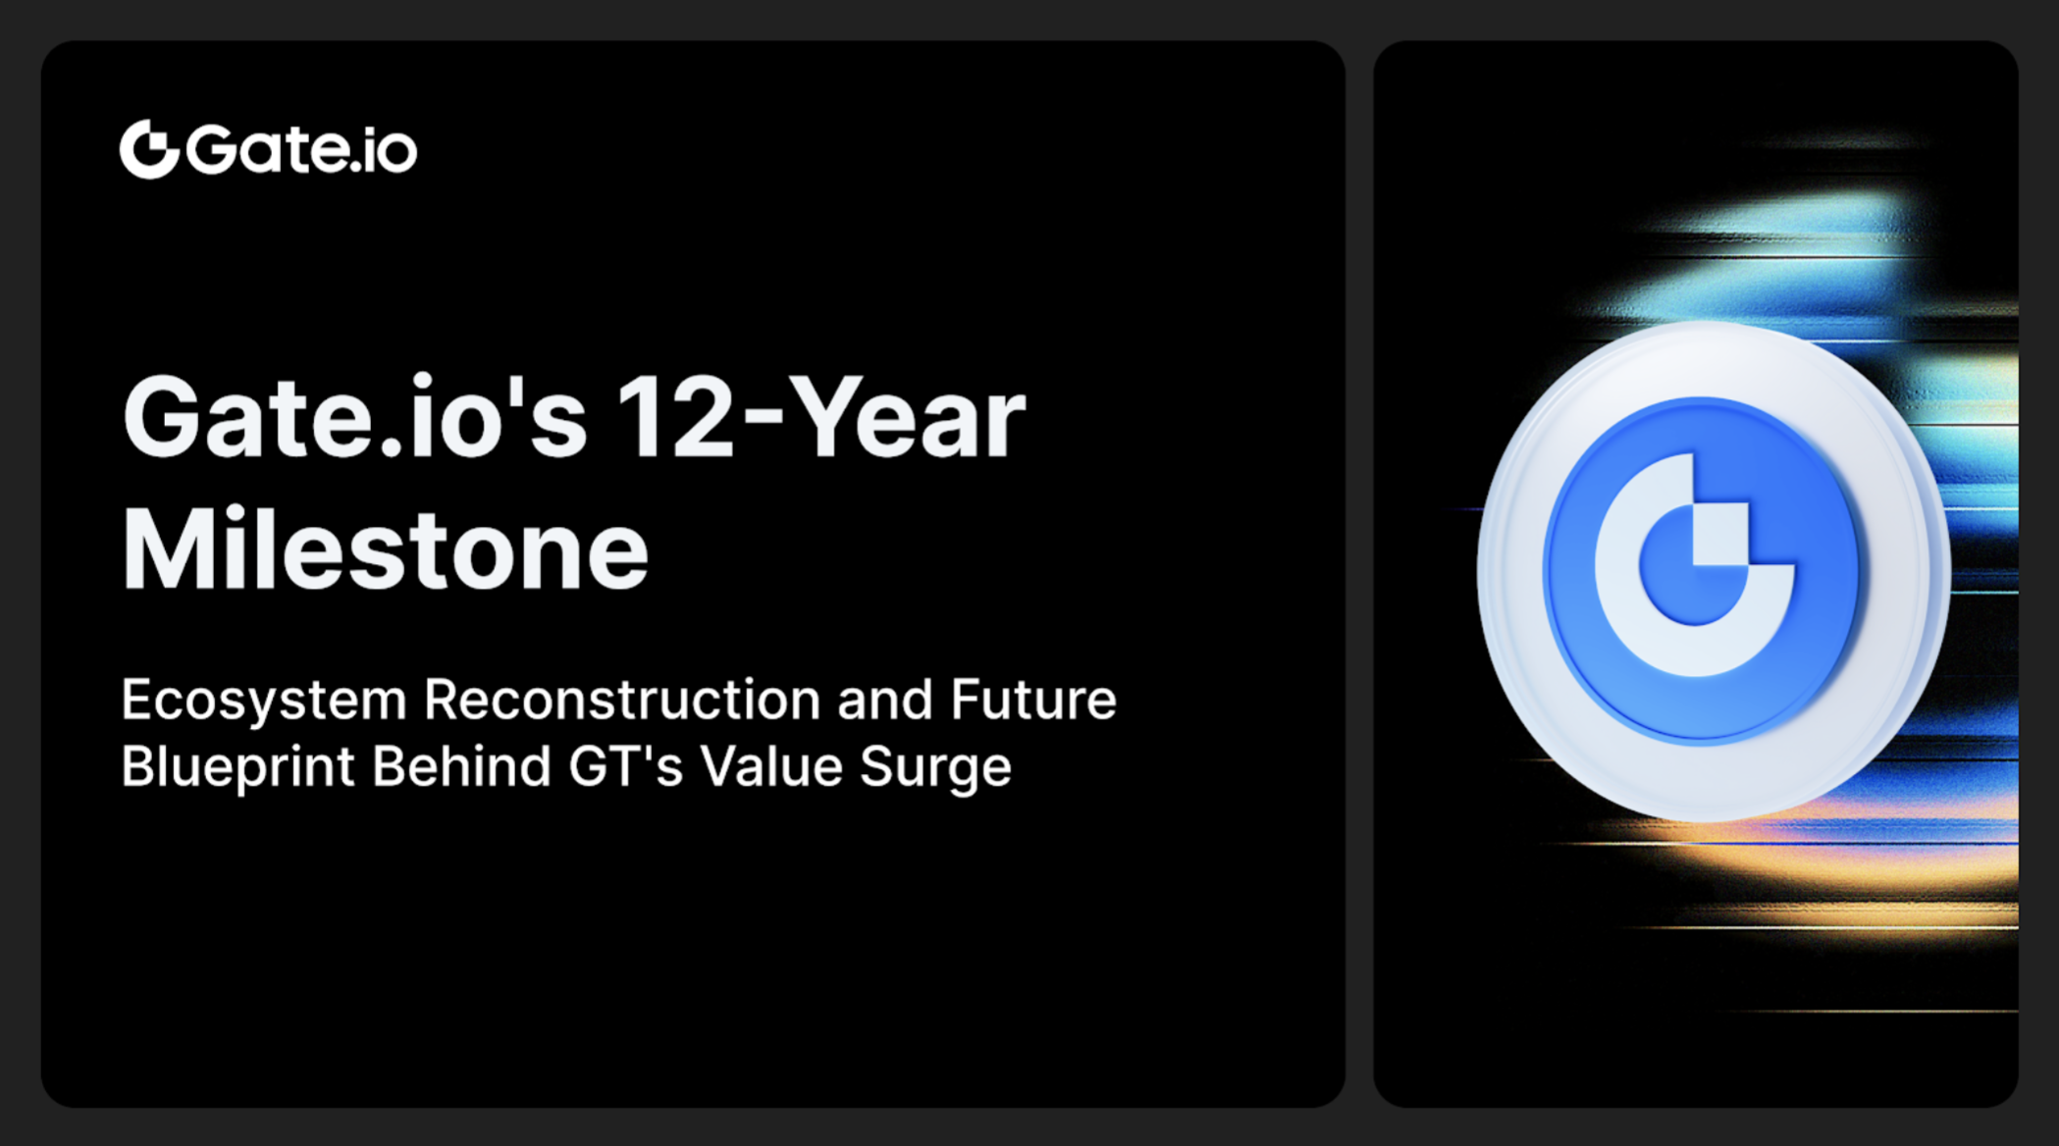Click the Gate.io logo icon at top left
click(149, 149)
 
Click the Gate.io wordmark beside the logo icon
click(301, 149)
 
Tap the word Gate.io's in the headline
click(354, 419)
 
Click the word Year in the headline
click(907, 419)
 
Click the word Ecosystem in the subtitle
click(263, 701)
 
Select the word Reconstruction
click(622, 701)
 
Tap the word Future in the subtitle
click(1032, 701)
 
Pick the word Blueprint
click(237, 766)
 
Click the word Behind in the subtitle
click(461, 766)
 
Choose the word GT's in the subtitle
click(625, 766)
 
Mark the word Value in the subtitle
click(771, 766)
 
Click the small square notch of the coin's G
click(1720, 535)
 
